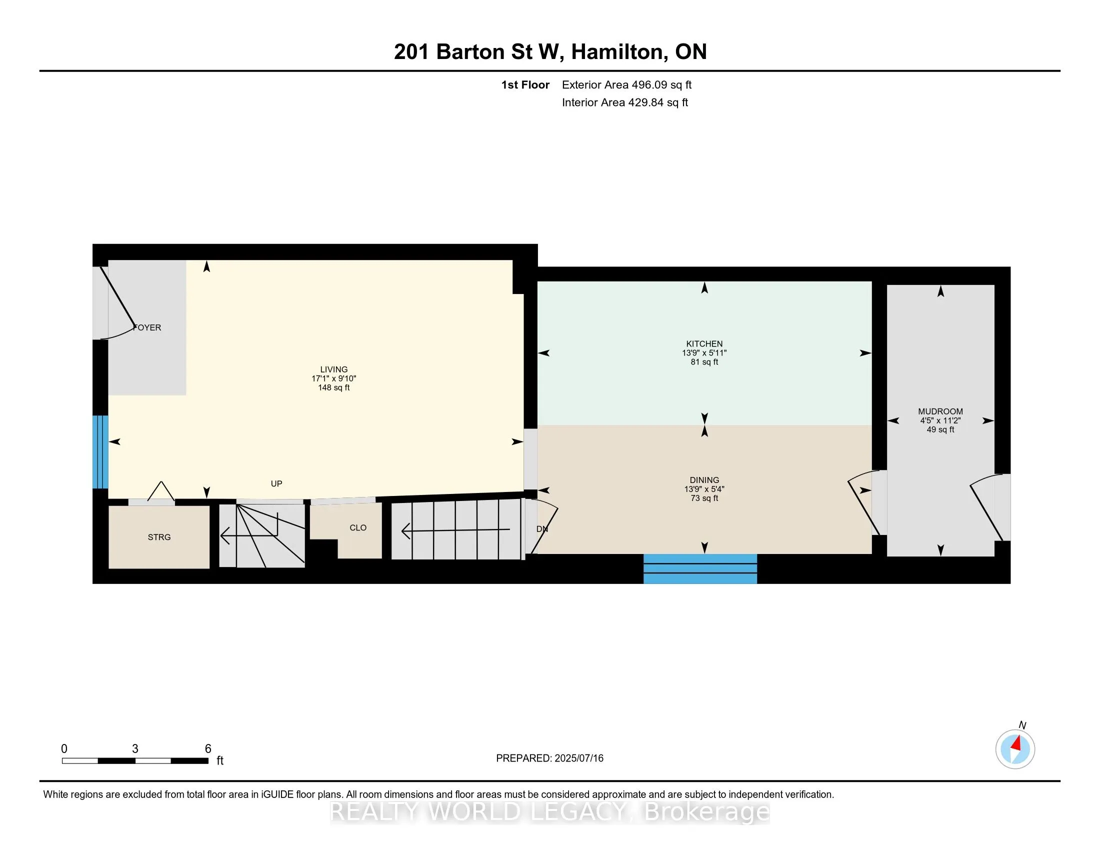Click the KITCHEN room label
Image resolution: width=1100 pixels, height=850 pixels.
tap(704, 344)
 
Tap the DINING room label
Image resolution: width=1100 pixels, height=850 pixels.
tap(704, 480)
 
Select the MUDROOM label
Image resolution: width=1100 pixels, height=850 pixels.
tap(940, 411)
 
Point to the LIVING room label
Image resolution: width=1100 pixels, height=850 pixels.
tap(333, 369)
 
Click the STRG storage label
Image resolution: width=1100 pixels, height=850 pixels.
tap(159, 537)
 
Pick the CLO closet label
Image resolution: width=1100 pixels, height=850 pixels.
tap(358, 527)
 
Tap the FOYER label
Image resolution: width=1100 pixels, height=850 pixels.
tap(147, 327)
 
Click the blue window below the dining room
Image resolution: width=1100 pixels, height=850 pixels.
tap(700, 569)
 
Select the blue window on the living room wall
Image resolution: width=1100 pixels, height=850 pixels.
tap(100, 451)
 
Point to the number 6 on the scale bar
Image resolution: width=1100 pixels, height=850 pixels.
tap(208, 748)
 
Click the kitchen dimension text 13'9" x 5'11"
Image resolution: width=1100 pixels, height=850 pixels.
tap(704, 353)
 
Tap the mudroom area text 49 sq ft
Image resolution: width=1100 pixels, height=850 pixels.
tap(940, 429)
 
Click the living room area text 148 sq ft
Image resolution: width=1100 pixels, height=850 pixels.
tap(333, 387)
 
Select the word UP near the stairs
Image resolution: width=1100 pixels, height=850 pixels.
tap(276, 483)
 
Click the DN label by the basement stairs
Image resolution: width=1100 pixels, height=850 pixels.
tap(542, 528)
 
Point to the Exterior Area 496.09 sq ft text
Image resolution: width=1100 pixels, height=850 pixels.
tap(626, 84)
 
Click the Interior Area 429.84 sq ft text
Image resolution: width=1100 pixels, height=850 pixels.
tap(625, 102)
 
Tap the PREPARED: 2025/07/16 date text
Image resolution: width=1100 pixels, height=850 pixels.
tap(549, 758)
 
